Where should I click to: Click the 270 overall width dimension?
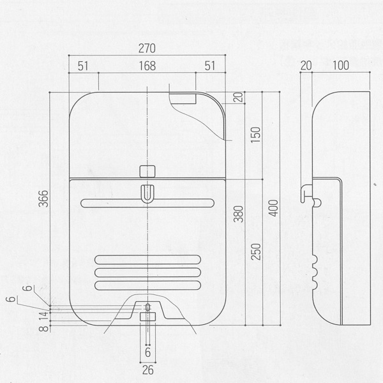147,49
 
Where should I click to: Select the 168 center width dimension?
147,65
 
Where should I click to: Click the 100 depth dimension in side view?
340,65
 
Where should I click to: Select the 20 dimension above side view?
305,65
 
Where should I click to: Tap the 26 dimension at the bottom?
147,369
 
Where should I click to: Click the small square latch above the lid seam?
147,170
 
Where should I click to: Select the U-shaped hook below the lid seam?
147,193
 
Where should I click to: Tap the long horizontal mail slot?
147,204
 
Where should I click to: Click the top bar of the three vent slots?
147,259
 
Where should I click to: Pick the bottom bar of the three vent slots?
147,282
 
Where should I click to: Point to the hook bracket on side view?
308,193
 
